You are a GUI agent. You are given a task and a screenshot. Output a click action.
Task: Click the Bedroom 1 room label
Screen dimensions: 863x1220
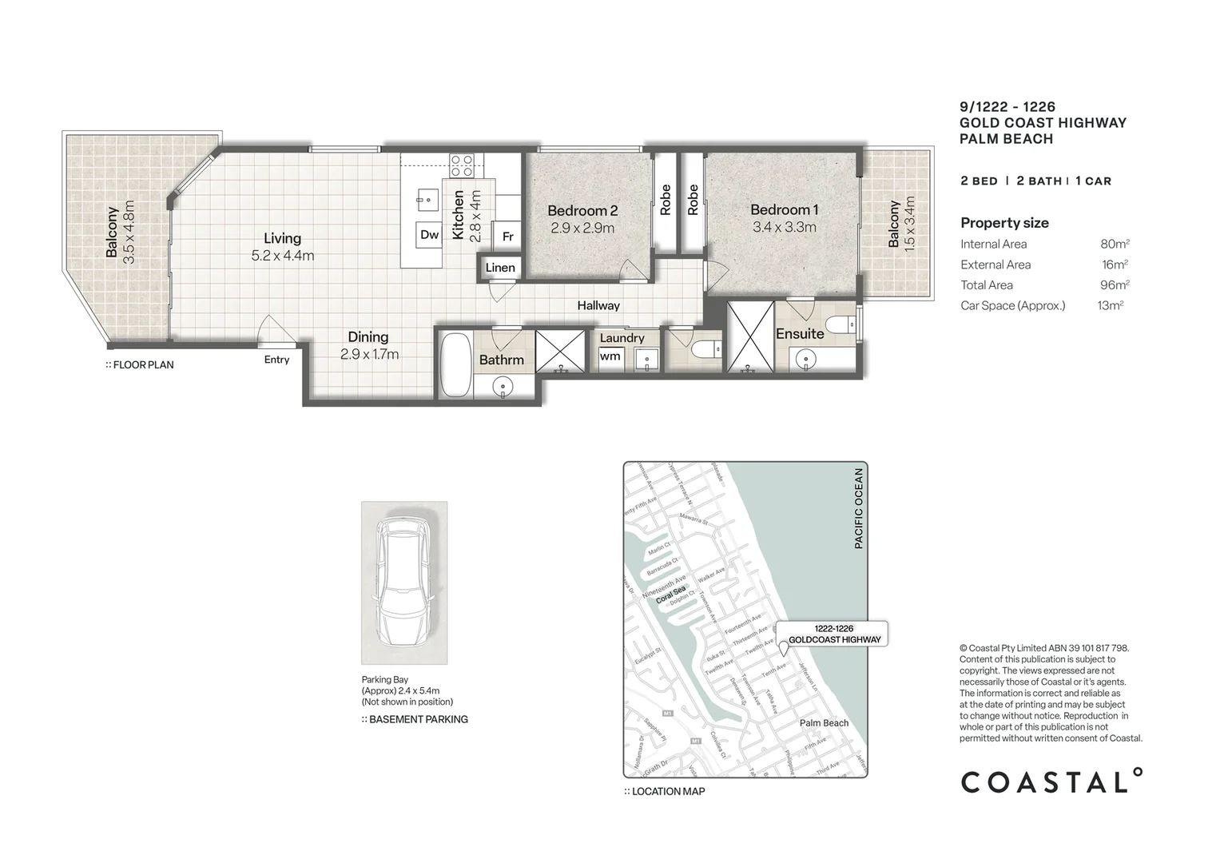pyautogui.click(x=784, y=210)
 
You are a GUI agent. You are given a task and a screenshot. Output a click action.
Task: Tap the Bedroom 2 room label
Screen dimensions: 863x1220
pyautogui.click(x=582, y=211)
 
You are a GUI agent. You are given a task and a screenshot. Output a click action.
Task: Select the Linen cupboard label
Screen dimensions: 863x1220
pyautogui.click(x=500, y=268)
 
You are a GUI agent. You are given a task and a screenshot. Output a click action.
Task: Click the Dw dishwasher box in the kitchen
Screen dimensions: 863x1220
pyautogui.click(x=429, y=234)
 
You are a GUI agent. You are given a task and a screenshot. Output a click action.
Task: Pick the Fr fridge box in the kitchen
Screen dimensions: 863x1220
pyautogui.click(x=507, y=237)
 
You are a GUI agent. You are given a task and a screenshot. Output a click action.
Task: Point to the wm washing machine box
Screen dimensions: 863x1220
pyautogui.click(x=610, y=356)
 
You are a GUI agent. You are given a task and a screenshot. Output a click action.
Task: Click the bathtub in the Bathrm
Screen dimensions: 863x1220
pyautogui.click(x=455, y=365)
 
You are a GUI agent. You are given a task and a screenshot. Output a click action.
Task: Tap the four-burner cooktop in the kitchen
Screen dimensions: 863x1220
pyautogui.click(x=461, y=165)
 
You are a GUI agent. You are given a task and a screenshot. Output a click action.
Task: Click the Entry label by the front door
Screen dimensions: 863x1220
pyautogui.click(x=276, y=360)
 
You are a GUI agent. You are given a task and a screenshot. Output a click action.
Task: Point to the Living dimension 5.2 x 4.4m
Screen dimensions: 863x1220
pyautogui.click(x=282, y=257)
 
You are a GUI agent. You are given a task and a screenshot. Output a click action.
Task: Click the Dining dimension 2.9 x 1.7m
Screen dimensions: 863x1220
pyautogui.click(x=368, y=354)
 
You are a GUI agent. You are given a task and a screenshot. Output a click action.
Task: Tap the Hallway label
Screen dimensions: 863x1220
pyautogui.click(x=598, y=305)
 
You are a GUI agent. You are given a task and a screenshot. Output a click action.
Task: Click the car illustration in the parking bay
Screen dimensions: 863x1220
pyautogui.click(x=404, y=584)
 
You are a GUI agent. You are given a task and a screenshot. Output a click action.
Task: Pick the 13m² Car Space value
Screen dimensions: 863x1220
pyautogui.click(x=1110, y=305)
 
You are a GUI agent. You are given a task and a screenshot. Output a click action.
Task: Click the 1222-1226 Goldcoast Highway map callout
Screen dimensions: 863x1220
pyautogui.click(x=834, y=634)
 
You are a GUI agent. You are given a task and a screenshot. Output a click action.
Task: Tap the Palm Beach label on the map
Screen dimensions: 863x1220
pyautogui.click(x=824, y=723)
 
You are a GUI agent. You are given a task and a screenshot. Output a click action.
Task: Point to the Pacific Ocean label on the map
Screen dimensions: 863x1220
pyautogui.click(x=859, y=508)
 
